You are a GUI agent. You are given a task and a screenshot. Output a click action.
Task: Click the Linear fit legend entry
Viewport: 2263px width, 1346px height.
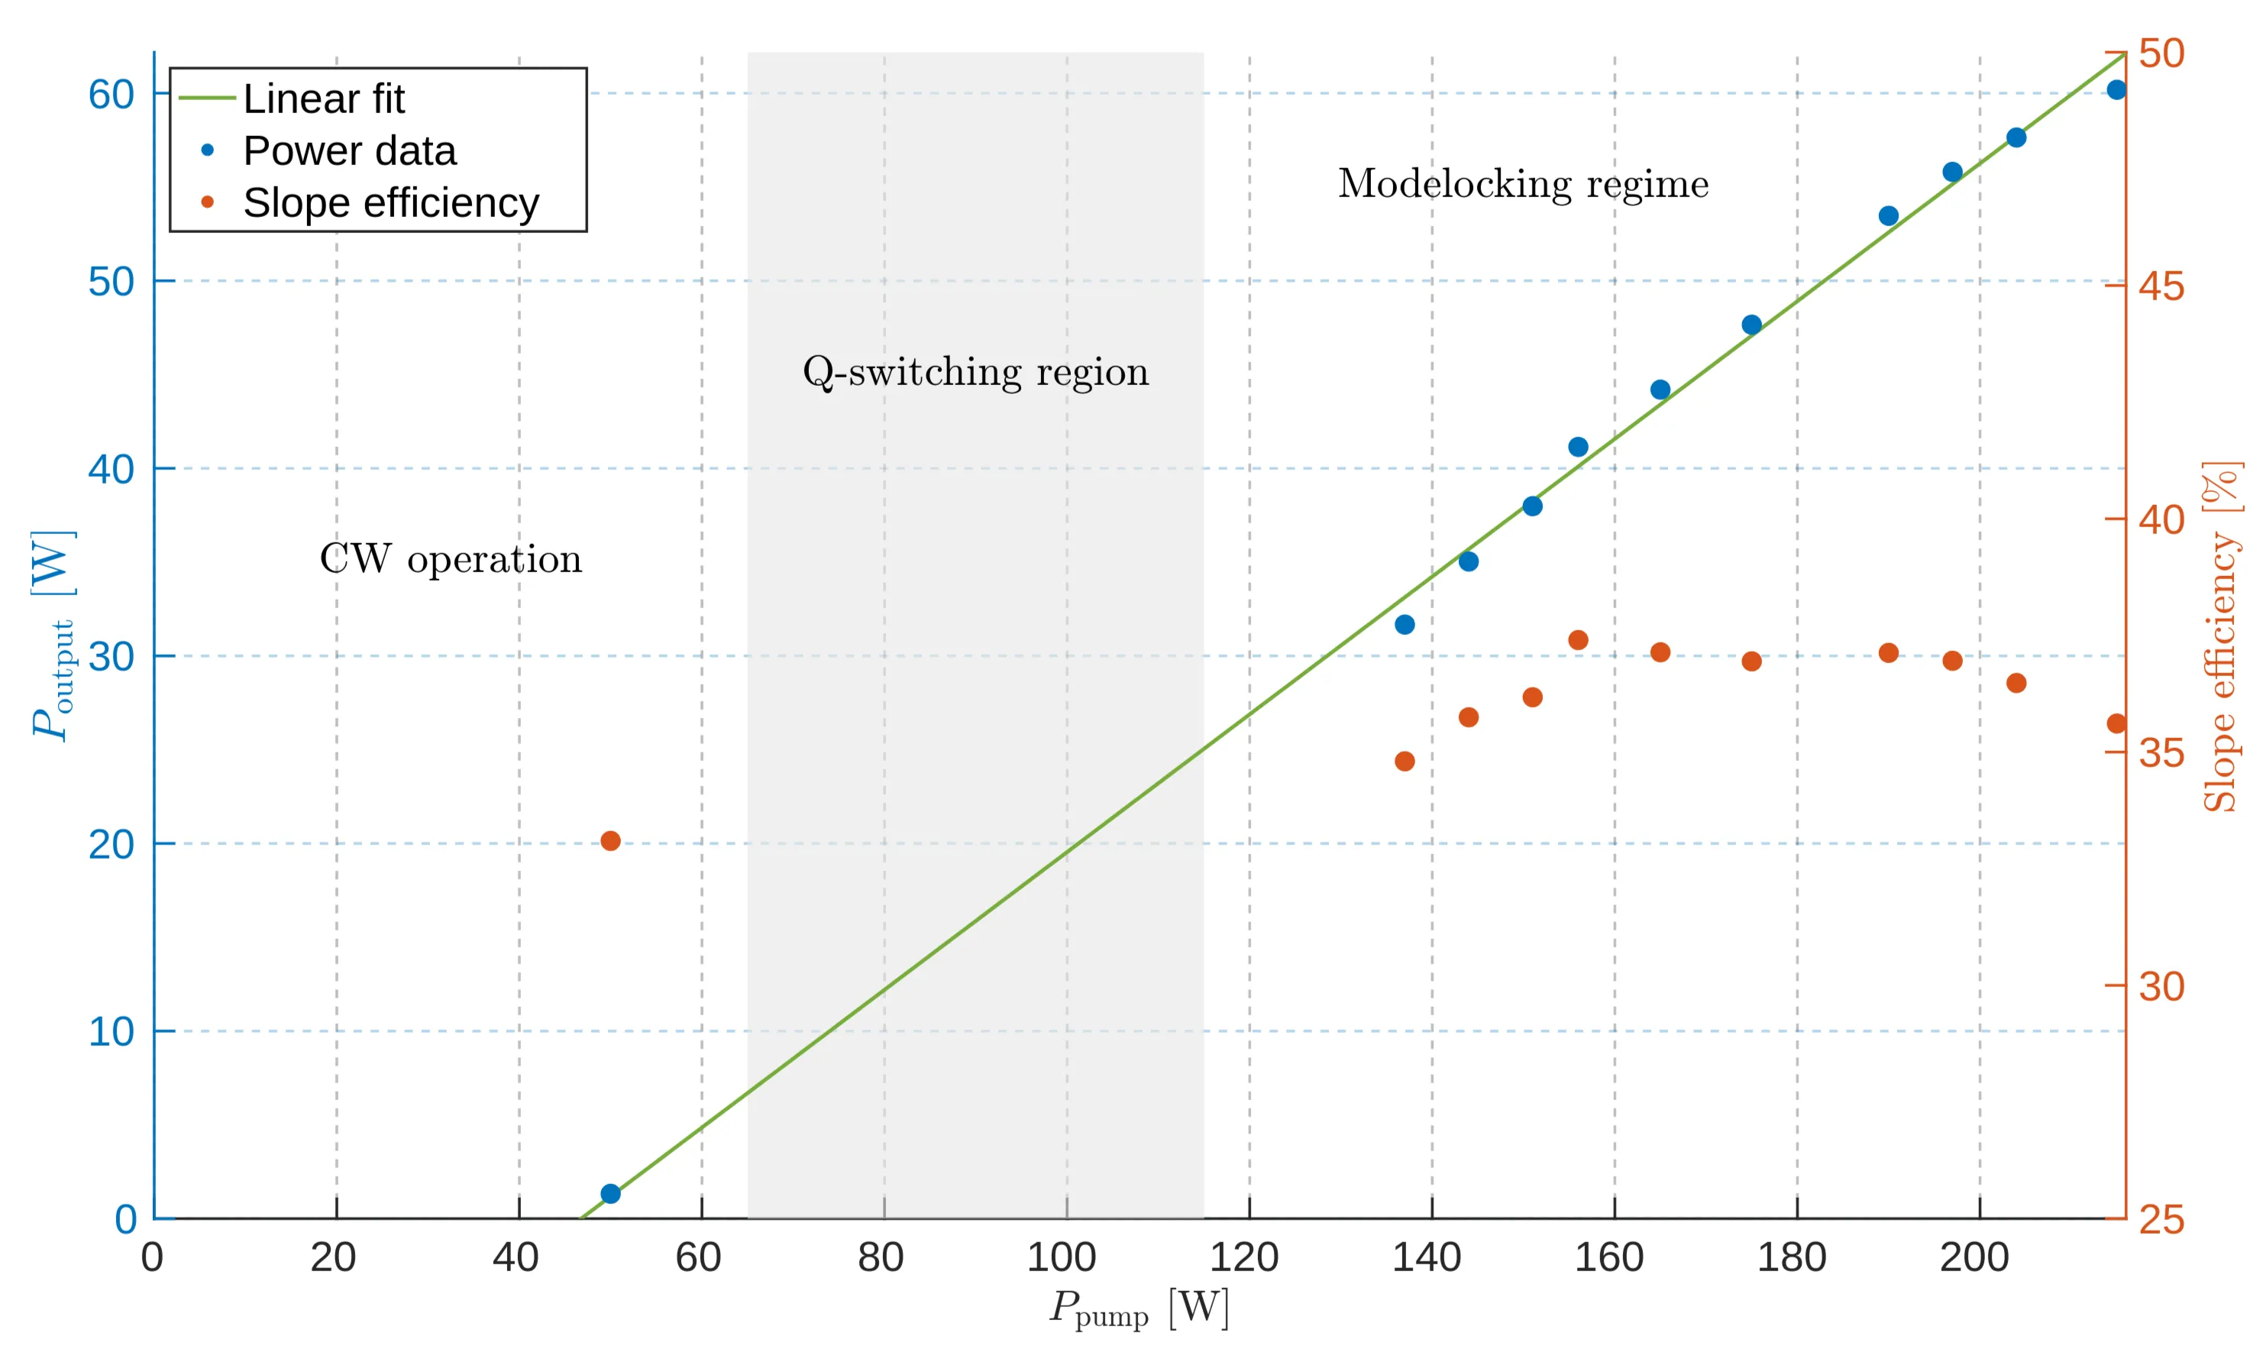tap(323, 99)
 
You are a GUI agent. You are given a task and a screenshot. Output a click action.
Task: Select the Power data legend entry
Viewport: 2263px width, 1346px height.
tap(349, 150)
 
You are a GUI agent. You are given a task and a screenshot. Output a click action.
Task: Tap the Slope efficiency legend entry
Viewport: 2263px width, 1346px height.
tap(390, 202)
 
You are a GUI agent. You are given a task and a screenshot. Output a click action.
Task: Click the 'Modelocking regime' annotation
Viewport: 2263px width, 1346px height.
tap(1522, 184)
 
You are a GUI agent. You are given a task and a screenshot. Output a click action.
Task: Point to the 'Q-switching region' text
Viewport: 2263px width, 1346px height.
tap(975, 372)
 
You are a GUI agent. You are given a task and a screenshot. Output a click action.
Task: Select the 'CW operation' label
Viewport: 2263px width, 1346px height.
tap(451, 558)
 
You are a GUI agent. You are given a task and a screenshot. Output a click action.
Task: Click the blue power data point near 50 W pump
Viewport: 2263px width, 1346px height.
tap(610, 1194)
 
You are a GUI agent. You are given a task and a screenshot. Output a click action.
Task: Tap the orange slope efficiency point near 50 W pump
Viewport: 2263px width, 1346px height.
tap(610, 841)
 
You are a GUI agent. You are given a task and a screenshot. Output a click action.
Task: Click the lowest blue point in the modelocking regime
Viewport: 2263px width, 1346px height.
tap(1405, 624)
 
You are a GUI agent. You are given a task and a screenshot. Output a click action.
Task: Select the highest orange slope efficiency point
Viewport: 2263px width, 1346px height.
tap(1578, 640)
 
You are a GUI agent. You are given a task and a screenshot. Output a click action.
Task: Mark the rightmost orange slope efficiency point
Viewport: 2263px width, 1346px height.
tap(2116, 723)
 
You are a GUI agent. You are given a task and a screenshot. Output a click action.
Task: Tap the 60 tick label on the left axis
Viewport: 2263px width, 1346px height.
tap(111, 94)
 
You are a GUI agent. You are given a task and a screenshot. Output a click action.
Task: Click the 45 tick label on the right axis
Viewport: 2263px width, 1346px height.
tap(2161, 286)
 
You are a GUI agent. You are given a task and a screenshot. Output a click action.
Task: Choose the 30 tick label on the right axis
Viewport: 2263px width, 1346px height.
tap(2161, 987)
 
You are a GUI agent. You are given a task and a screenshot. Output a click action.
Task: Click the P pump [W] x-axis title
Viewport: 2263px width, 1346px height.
tap(1139, 1309)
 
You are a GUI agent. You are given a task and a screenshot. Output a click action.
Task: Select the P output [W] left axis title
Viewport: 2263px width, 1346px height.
tap(53, 635)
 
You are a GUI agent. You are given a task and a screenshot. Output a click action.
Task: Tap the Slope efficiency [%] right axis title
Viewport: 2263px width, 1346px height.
tap(2221, 635)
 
